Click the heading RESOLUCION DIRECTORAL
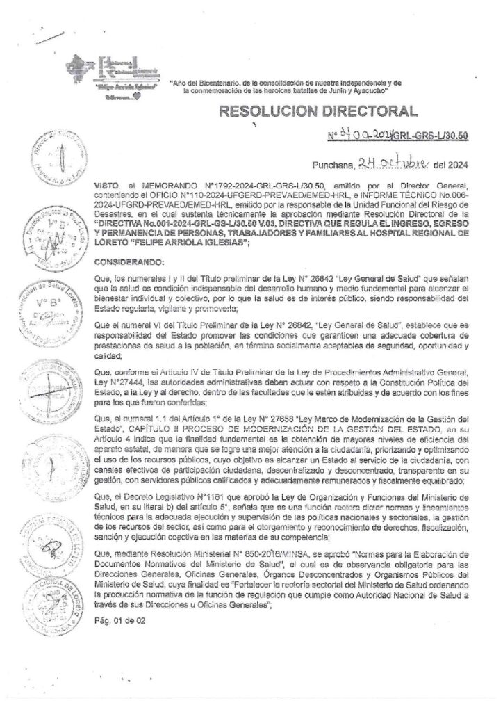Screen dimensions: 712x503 pos(319,111)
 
